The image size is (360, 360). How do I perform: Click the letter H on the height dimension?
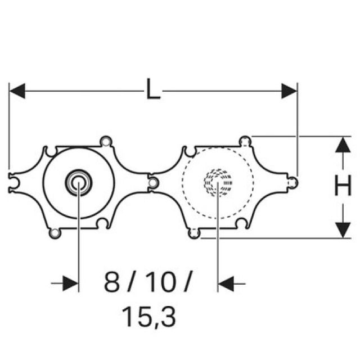[x=343, y=186]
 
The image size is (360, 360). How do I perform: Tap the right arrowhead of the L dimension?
[x=289, y=91]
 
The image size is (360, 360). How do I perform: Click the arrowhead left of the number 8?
[x=71, y=283]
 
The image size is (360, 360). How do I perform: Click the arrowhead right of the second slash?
[x=226, y=283]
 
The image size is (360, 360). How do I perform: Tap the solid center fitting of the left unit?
[x=78, y=182]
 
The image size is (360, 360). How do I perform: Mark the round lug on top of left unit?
[x=105, y=141]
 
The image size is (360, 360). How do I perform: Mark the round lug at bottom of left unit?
[x=54, y=232]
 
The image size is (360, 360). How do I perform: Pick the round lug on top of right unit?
[x=244, y=140]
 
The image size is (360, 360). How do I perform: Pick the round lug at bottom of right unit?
[x=194, y=233]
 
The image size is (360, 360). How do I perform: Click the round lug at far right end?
[x=292, y=182]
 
